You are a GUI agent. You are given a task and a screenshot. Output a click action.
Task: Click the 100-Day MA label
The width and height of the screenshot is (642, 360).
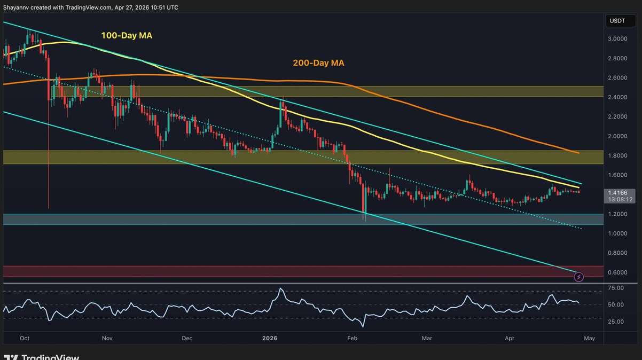click(x=127, y=35)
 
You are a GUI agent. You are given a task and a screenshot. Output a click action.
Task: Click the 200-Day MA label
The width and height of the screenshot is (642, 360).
click(x=318, y=62)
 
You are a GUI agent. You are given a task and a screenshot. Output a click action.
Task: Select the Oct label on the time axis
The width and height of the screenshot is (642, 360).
click(x=24, y=338)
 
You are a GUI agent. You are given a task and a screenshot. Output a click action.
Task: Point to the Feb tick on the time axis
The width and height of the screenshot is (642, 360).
click(x=352, y=338)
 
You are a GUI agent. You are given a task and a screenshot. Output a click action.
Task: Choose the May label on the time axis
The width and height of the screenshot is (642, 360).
click(x=589, y=338)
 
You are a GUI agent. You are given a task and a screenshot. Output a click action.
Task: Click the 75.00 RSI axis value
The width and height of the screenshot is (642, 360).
click(x=615, y=288)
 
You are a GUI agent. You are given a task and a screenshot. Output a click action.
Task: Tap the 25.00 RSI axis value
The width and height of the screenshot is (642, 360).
click(x=615, y=322)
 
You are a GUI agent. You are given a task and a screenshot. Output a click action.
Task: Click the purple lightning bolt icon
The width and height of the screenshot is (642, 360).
click(x=578, y=277)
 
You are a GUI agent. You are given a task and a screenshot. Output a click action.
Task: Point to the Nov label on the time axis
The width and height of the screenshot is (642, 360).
click(x=107, y=338)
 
